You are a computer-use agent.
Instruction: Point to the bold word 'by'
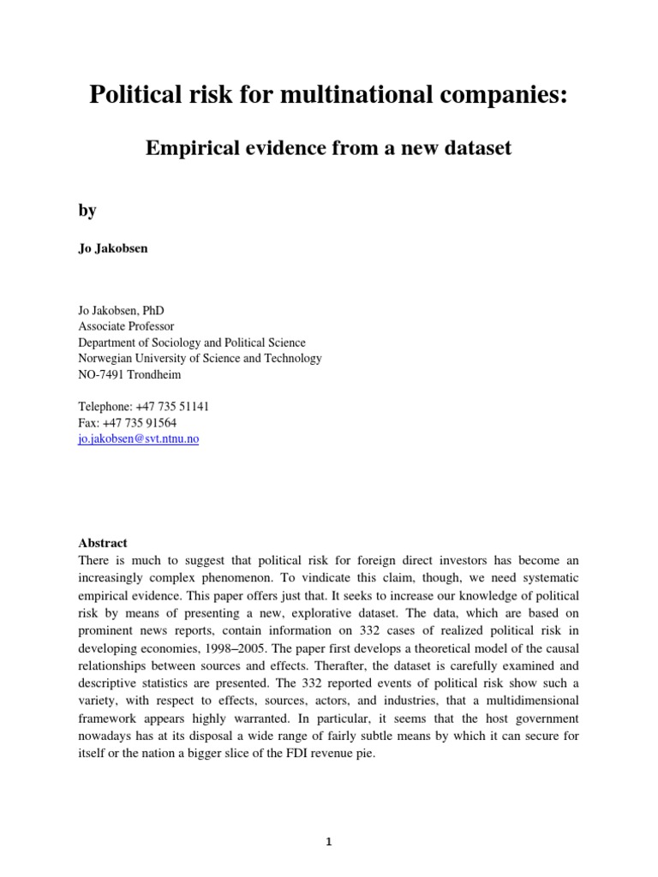tap(87, 210)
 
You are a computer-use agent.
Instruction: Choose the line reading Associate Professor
tap(126, 326)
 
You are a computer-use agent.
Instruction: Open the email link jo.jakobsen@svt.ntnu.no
tap(138, 438)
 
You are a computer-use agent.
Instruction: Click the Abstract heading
tap(103, 543)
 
